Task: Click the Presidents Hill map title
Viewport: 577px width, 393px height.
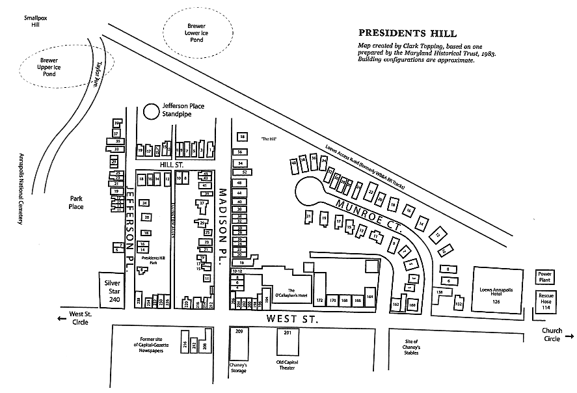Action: pyautogui.click(x=407, y=33)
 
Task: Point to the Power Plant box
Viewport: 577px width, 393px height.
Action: pyautogui.click(x=545, y=277)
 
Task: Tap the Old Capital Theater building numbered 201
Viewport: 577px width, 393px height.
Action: pyautogui.click(x=288, y=342)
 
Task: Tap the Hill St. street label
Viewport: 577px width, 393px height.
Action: pyautogui.click(x=172, y=165)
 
